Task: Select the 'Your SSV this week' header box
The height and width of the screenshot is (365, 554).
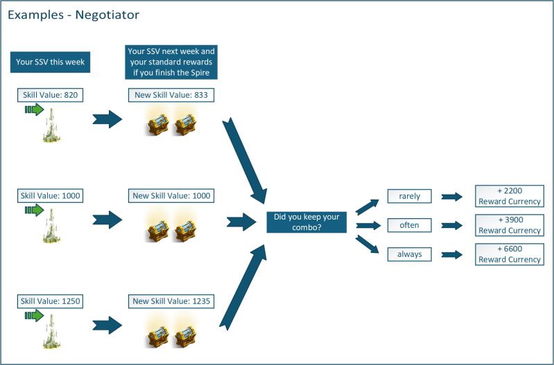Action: point(50,62)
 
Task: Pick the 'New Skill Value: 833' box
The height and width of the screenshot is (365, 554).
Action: point(171,95)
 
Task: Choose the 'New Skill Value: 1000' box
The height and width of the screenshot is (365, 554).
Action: point(171,196)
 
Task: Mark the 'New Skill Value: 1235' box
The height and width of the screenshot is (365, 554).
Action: point(171,301)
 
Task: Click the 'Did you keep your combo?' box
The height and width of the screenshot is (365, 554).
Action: point(306,222)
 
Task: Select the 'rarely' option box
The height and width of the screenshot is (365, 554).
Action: point(409,197)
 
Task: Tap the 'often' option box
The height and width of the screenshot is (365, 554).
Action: point(409,225)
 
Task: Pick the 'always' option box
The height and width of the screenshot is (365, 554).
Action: point(409,254)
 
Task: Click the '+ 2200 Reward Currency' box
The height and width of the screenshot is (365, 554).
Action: point(509,196)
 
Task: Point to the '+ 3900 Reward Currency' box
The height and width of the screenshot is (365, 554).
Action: point(509,225)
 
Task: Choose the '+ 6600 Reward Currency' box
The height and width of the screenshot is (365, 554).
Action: point(509,254)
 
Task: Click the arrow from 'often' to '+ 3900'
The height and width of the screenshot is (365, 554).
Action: point(452,225)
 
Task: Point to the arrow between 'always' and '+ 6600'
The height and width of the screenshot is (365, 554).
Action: point(452,254)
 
